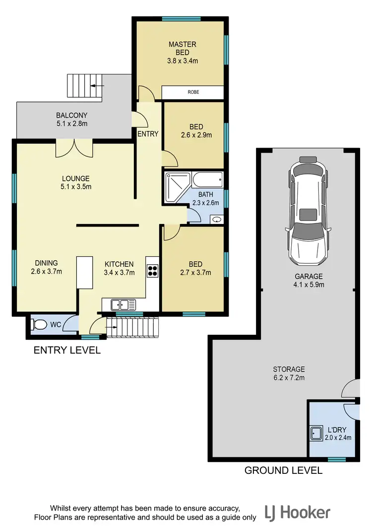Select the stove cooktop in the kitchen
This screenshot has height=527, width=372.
(x=153, y=270)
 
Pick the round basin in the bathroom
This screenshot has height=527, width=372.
(x=217, y=219)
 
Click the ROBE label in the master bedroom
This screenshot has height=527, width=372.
(x=193, y=92)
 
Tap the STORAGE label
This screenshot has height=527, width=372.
(x=289, y=369)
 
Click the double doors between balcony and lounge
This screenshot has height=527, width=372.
(x=73, y=148)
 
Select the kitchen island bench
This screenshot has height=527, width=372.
(x=85, y=272)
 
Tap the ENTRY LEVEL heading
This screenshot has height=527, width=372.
(x=67, y=350)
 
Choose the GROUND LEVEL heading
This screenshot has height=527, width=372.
(x=283, y=470)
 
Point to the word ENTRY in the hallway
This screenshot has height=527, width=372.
(x=148, y=134)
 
